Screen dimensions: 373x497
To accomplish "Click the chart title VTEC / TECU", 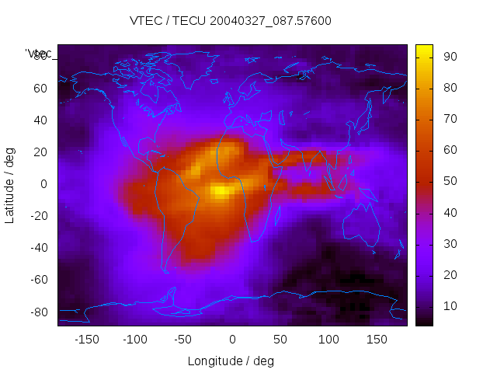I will (231, 21).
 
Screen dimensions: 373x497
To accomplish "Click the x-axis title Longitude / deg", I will (231, 361).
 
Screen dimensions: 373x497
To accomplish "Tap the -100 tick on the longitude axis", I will (135, 340).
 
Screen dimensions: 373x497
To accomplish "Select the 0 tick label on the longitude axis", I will (232, 340).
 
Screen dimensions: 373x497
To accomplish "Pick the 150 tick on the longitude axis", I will (377, 340).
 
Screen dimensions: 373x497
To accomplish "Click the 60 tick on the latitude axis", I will (40, 88).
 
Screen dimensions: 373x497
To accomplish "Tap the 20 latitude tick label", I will (40, 152).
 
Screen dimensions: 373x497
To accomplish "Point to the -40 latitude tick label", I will (37, 248).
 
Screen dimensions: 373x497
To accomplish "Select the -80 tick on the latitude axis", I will (37, 312).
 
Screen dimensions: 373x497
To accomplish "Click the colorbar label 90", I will (449, 56).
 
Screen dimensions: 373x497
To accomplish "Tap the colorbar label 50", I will (449, 181).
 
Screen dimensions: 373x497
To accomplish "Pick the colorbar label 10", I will (449, 306).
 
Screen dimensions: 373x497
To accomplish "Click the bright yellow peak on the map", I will (221, 190).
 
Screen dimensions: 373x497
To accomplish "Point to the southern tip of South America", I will (165, 270).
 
